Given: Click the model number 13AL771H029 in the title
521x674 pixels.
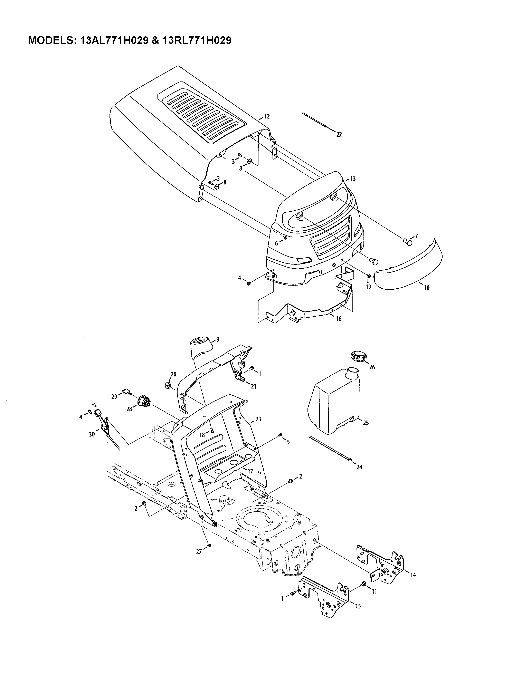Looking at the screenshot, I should tap(114, 40).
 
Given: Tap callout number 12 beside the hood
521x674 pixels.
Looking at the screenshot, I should tap(267, 116).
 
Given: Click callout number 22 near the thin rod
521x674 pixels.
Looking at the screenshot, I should tap(339, 135).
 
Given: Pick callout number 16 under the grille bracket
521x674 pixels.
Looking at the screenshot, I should tap(339, 319).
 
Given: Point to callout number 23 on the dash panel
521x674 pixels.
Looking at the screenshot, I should tap(258, 419).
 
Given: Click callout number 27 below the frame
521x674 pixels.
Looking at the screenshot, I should tap(199, 551).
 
